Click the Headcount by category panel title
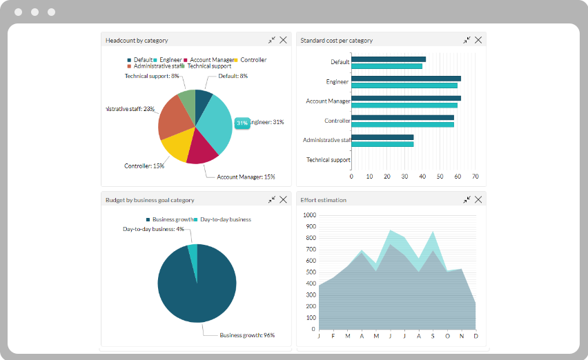point(137,41)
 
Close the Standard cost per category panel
point(478,40)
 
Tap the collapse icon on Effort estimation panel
point(467,199)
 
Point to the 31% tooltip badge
point(242,123)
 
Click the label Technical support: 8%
point(152,76)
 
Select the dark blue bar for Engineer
point(406,79)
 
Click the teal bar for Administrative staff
point(382,144)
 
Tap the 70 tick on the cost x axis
point(475,177)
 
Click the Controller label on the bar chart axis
point(337,121)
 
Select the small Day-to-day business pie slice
point(193,254)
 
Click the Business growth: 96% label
point(247,335)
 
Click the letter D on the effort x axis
point(476,337)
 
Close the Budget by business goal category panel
point(283,199)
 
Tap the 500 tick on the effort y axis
point(311,272)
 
